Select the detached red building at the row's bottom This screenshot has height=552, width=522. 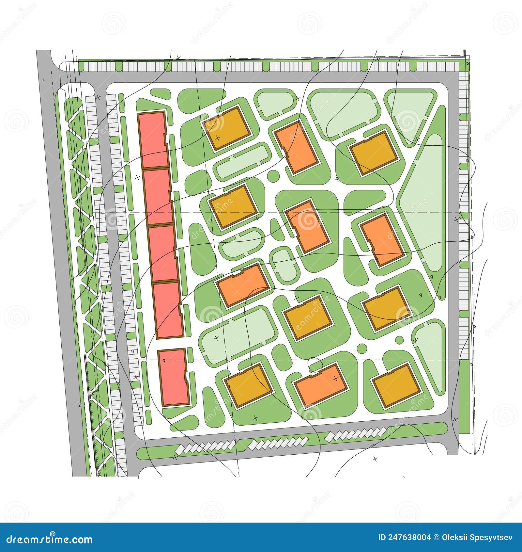pyautogui.click(x=174, y=377)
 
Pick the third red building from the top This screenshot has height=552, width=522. pyautogui.click(x=163, y=253)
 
